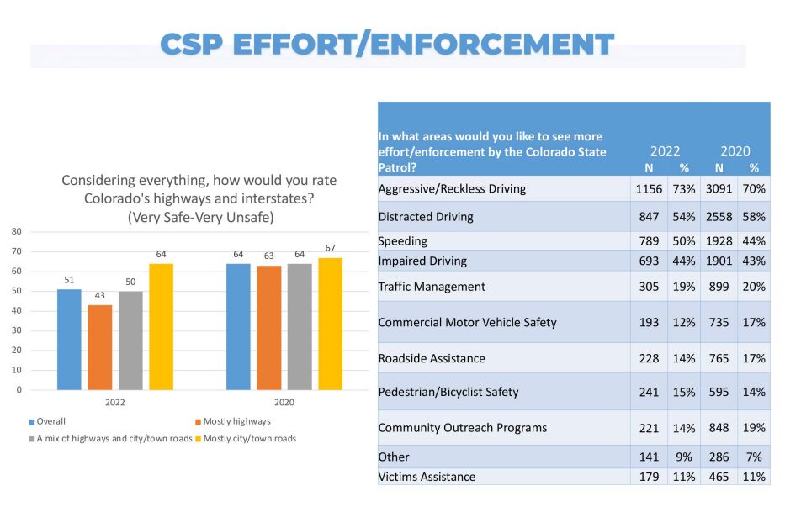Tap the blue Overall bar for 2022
(69, 340)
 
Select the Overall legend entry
(48, 421)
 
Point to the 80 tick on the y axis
(16, 231)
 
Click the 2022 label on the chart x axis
(115, 403)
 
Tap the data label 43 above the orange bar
(99, 297)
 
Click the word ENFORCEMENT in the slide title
(489, 45)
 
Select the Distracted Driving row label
(426, 217)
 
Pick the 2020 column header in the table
(735, 151)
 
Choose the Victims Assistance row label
(427, 477)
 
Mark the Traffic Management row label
(432, 287)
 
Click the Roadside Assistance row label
(432, 358)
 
